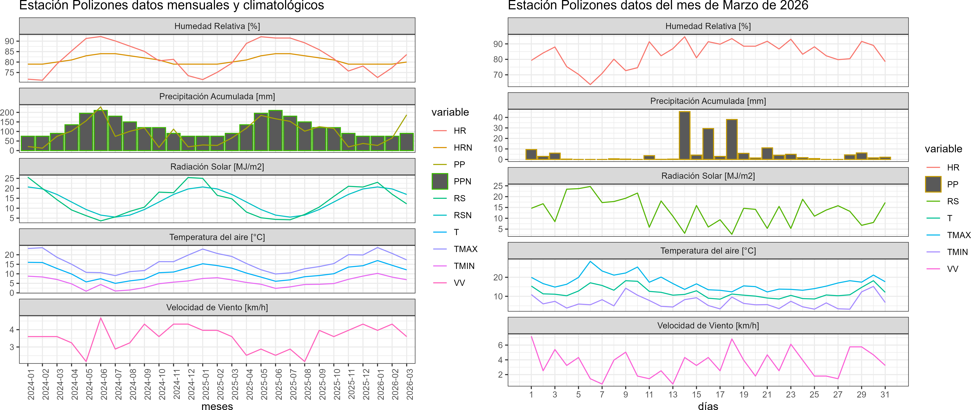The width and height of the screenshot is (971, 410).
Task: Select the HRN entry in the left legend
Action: [x=463, y=148]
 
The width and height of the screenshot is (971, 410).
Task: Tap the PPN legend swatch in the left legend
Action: [x=440, y=181]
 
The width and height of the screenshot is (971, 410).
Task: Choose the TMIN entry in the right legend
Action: [x=957, y=252]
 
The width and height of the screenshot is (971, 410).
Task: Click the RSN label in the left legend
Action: [x=463, y=215]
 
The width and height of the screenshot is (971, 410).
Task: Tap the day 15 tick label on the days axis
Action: [x=696, y=395]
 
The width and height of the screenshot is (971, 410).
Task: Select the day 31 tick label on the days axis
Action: [x=885, y=395]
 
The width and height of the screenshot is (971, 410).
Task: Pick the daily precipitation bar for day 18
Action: [x=732, y=139]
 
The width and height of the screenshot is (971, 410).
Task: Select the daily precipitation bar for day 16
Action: [x=708, y=144]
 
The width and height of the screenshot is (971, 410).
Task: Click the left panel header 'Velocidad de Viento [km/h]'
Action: [x=217, y=307]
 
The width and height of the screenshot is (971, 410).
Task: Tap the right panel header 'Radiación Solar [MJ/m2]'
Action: [x=708, y=176]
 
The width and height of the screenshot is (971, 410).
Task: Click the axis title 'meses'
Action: [x=217, y=406]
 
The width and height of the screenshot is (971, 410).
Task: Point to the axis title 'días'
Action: [x=708, y=406]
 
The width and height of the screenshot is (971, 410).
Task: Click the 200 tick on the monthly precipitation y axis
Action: [x=7, y=112]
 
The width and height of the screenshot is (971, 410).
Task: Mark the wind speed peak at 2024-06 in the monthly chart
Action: [x=101, y=318]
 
